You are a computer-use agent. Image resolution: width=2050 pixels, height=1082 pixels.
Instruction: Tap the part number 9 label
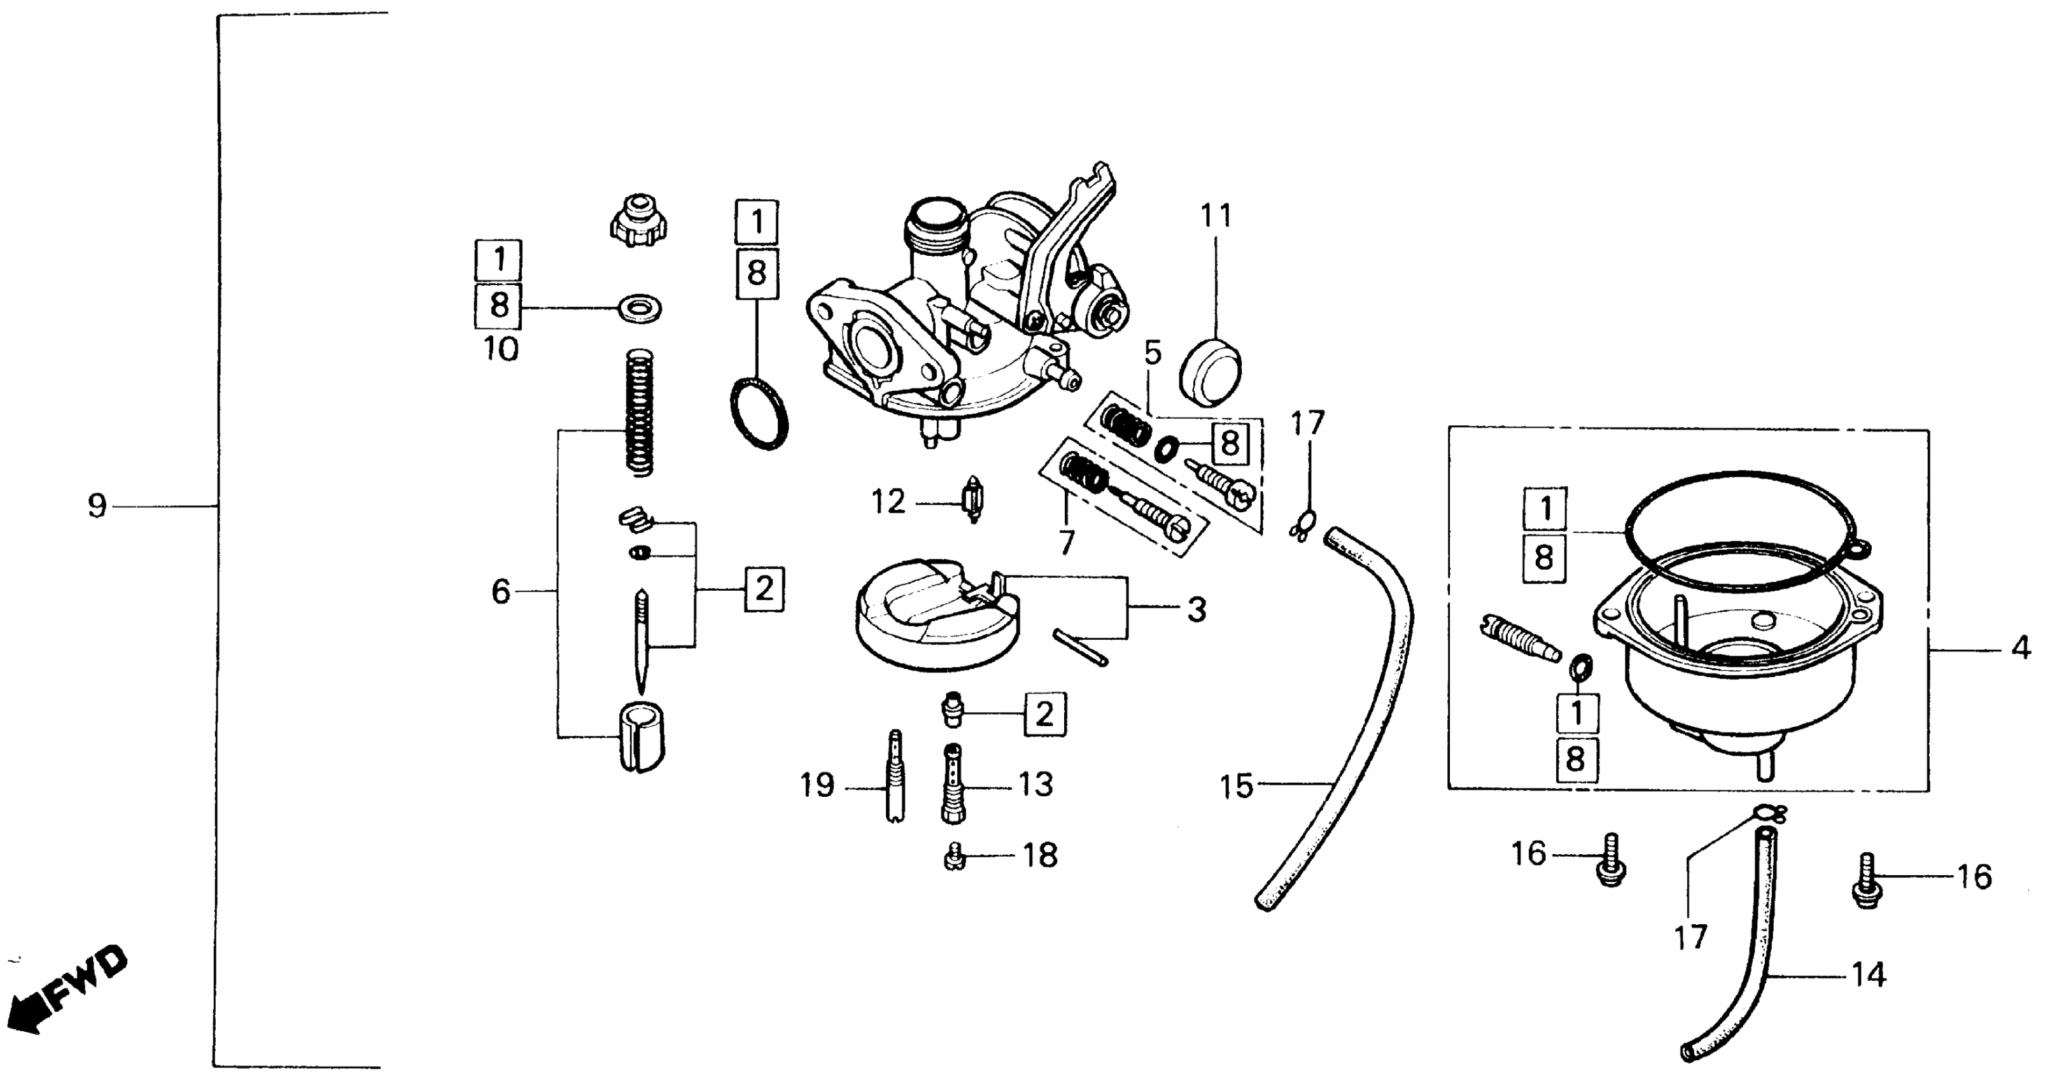[x=97, y=506]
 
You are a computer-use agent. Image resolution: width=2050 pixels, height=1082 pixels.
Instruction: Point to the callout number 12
[x=888, y=502]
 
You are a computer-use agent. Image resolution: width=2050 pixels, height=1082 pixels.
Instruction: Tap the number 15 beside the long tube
[x=1237, y=787]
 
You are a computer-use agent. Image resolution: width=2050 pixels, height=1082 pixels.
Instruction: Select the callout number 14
[x=1869, y=974]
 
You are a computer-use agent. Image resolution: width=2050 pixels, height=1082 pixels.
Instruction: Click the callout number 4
[x=2021, y=649]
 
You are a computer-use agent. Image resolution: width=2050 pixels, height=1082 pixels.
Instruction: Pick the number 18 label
[x=1040, y=856]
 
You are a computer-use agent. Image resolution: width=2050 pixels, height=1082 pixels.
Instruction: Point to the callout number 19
[x=817, y=786]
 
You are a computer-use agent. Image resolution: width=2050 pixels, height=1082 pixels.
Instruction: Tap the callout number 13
[x=1036, y=785]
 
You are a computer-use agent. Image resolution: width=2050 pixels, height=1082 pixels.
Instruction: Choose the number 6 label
[x=500, y=592]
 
